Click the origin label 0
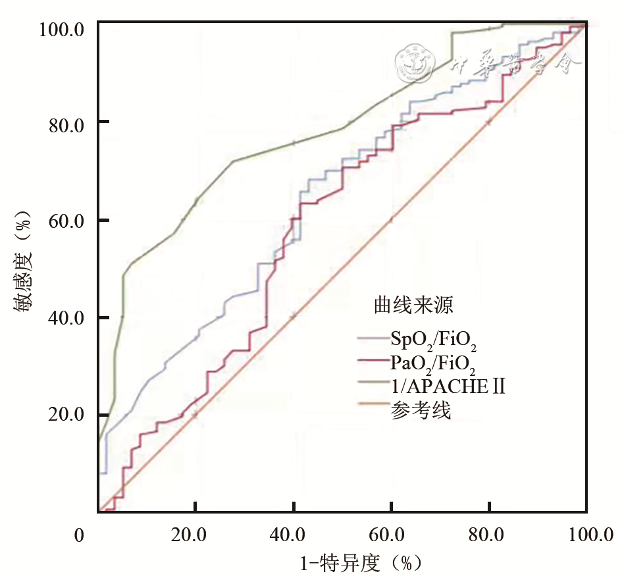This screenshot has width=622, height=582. [x=80, y=536]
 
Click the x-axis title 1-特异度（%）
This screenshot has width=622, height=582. [x=360, y=564]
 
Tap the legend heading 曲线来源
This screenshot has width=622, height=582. [x=413, y=305]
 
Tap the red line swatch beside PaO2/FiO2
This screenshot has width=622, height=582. [x=373, y=361]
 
